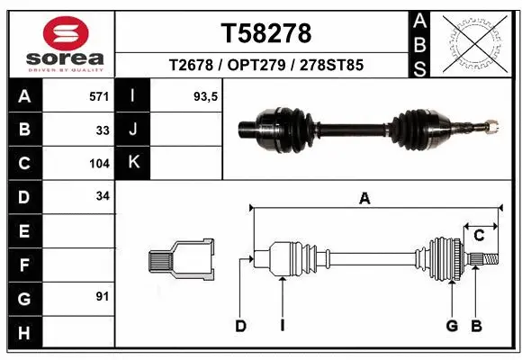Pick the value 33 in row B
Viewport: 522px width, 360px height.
tap(103, 130)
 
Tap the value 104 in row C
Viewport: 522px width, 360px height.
tap(99, 164)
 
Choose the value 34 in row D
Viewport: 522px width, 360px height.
tap(103, 196)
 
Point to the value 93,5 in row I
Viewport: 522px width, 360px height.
tap(206, 95)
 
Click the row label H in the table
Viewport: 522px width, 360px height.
tap(23, 333)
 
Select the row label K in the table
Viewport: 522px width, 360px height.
tap(133, 163)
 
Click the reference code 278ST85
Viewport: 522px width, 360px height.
tap(332, 66)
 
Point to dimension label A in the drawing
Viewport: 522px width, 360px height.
tap(364, 200)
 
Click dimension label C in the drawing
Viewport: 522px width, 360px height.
tap(479, 236)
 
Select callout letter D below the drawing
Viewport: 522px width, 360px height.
tap(240, 326)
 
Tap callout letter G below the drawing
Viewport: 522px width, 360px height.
tap(452, 326)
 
